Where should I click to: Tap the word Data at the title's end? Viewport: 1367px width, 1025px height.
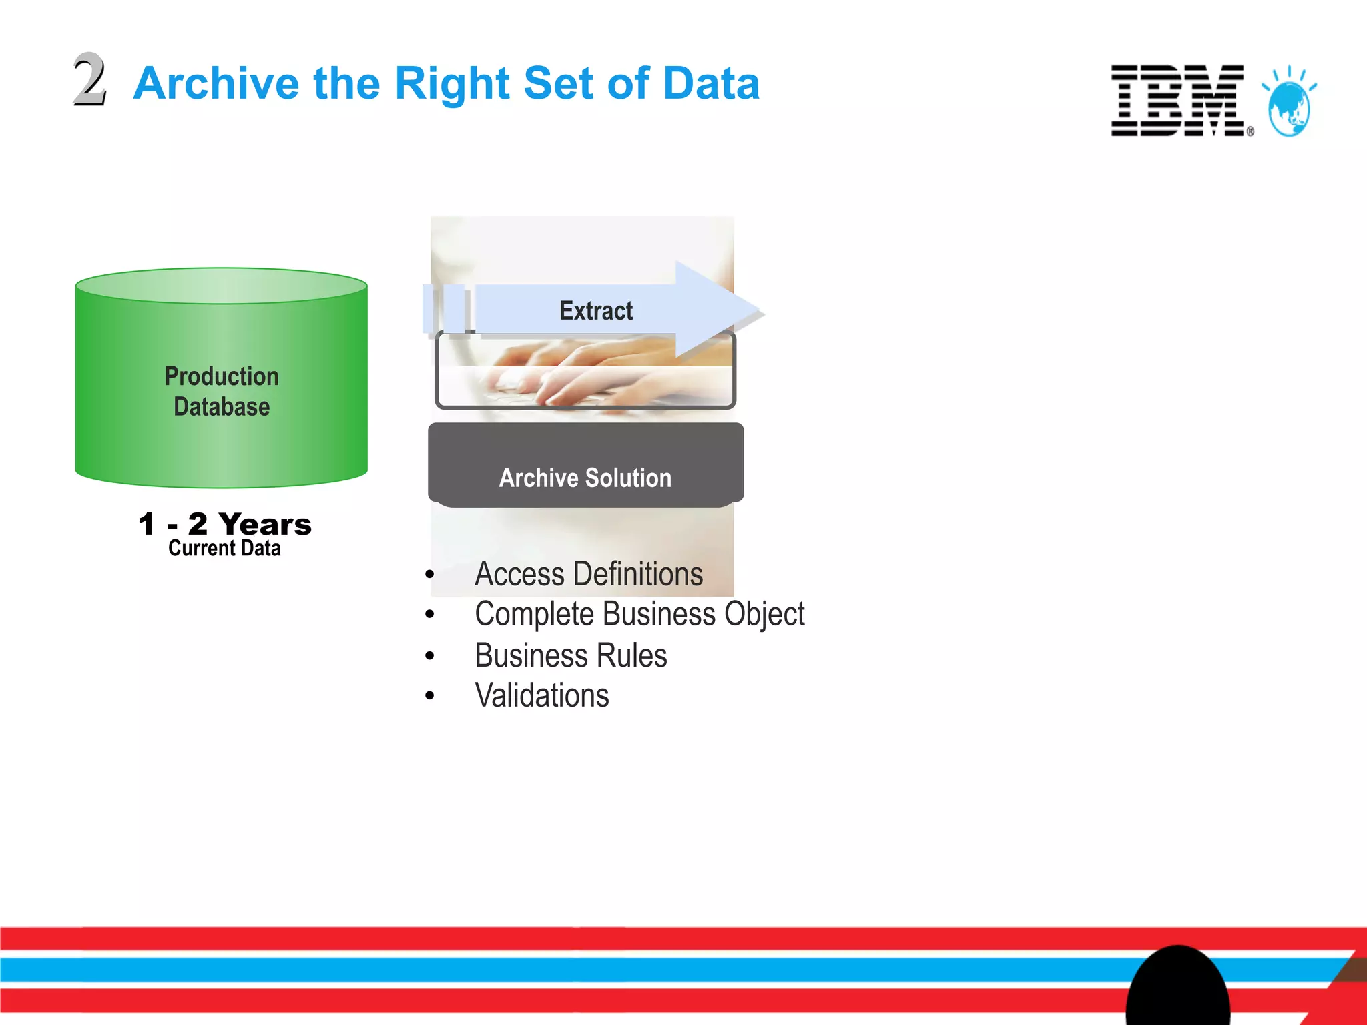pyautogui.click(x=712, y=83)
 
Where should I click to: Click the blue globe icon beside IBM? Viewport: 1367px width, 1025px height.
pyautogui.click(x=1289, y=107)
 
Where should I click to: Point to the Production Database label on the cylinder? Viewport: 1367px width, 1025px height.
pyautogui.click(x=222, y=392)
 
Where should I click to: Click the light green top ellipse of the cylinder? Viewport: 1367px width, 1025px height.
pyautogui.click(x=222, y=286)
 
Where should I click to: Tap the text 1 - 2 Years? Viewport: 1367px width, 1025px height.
pyautogui.click(x=225, y=524)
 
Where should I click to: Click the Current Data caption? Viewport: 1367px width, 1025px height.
pyautogui.click(x=224, y=549)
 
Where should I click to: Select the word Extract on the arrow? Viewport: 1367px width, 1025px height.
pyautogui.click(x=595, y=311)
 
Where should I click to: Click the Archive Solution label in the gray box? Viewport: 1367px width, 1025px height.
pyautogui.click(x=585, y=478)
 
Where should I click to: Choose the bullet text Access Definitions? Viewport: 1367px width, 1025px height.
pyautogui.click(x=589, y=574)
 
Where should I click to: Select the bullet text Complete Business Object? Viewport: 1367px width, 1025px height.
pyautogui.click(x=639, y=614)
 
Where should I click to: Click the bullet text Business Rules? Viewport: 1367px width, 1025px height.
pyautogui.click(x=571, y=655)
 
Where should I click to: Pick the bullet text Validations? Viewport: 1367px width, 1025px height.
pyautogui.click(x=542, y=695)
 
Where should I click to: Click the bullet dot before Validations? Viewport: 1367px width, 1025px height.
pyautogui.click(x=430, y=696)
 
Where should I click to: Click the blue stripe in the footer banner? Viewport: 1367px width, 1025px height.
pyautogui.click(x=534, y=969)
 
